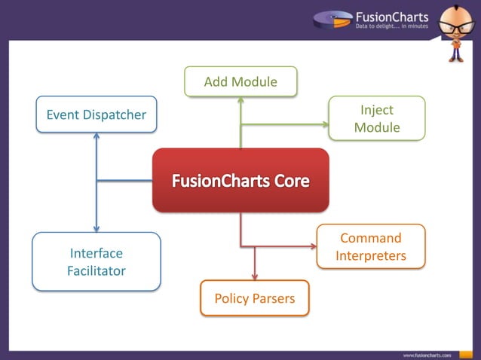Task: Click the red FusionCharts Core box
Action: tap(240, 180)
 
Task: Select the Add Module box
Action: tap(240, 81)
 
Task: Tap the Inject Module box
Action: tap(377, 119)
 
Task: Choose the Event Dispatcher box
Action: tap(97, 114)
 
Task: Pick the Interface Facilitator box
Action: tap(97, 261)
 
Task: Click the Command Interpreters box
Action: tap(371, 247)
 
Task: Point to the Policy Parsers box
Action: tap(255, 299)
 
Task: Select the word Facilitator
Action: tap(97, 270)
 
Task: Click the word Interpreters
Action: tap(371, 256)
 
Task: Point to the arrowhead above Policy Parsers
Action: tap(255, 276)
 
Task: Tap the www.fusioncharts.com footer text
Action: tap(427, 353)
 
